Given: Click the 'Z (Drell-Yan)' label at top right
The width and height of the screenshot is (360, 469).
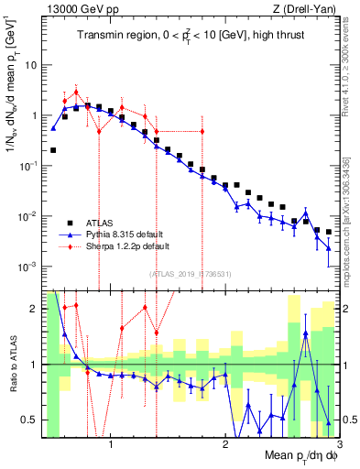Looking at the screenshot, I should click(308, 8).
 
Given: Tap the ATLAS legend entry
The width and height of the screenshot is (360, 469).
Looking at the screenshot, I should click(100, 222).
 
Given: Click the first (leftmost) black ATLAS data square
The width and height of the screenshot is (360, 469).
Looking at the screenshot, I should click(53, 149).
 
